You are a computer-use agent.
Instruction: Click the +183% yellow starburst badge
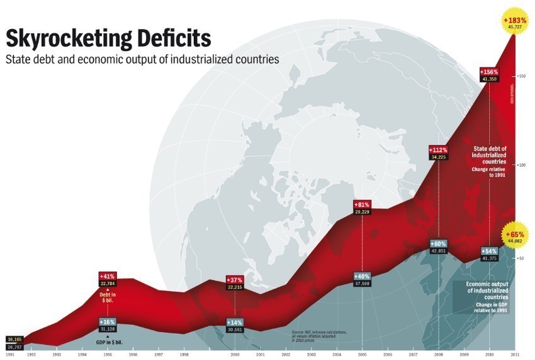pos(515,21)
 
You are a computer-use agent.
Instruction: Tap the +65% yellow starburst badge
pos(515,234)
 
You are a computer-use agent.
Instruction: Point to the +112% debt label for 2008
pos(438,150)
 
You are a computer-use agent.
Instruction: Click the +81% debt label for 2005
pos(362,205)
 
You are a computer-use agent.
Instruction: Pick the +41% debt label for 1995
pos(108,276)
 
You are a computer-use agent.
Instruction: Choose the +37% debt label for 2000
pos(235,279)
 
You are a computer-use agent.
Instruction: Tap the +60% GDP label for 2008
pos(438,244)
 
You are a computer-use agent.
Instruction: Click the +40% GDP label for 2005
pos(362,276)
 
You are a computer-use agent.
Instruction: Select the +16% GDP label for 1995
pos(108,322)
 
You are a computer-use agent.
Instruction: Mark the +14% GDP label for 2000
pos(235,322)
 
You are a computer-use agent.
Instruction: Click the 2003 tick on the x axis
pos(311,355)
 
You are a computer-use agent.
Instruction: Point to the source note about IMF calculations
pos(319,334)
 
